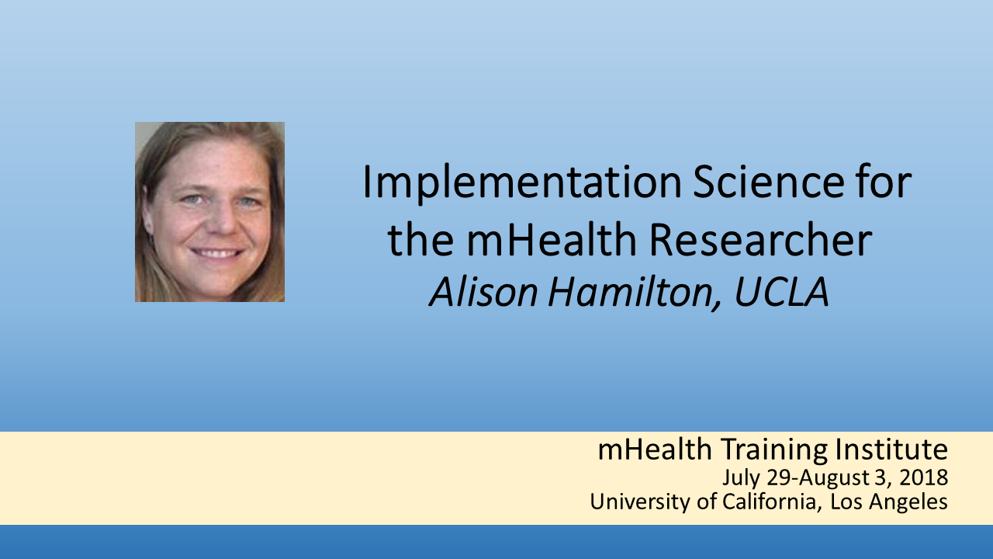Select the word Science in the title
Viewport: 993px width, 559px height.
click(769, 182)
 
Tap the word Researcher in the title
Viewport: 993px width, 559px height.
click(760, 239)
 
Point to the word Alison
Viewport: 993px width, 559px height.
click(483, 292)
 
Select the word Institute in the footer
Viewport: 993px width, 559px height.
click(891, 449)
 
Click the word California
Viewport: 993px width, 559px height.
click(769, 502)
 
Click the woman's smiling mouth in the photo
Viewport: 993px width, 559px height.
click(217, 253)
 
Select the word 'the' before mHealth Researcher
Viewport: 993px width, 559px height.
click(420, 239)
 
